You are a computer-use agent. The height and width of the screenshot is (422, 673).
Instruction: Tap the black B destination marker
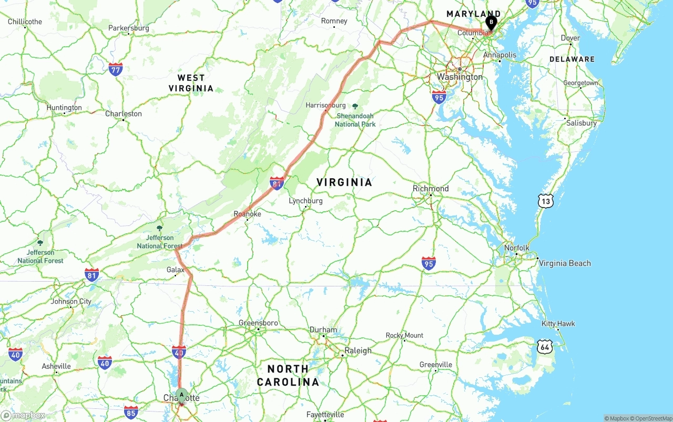491,23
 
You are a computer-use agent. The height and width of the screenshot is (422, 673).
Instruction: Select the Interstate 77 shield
116,69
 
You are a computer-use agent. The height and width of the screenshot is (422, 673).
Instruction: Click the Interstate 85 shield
131,411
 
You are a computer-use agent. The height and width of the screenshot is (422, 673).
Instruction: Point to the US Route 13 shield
546,200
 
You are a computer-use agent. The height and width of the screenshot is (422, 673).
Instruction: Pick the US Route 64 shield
545,346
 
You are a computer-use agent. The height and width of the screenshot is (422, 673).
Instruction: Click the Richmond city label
431,189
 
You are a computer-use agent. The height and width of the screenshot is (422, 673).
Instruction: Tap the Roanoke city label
247,214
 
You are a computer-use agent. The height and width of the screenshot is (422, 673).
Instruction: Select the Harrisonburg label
325,105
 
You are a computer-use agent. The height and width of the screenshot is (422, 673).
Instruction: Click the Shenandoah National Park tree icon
355,107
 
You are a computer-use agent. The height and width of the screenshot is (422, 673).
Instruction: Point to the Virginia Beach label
565,263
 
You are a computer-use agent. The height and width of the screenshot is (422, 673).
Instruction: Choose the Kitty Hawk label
558,324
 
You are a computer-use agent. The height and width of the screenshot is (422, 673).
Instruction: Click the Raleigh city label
358,351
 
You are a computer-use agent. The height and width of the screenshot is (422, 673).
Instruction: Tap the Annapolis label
499,55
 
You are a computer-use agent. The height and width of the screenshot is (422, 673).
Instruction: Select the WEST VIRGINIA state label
191,83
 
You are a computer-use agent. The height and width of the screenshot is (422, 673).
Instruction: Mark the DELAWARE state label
572,59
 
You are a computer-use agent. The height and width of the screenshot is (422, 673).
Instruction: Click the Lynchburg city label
305,201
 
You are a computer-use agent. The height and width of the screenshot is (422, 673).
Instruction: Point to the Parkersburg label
128,28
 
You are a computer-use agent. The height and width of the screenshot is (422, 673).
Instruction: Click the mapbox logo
23,415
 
